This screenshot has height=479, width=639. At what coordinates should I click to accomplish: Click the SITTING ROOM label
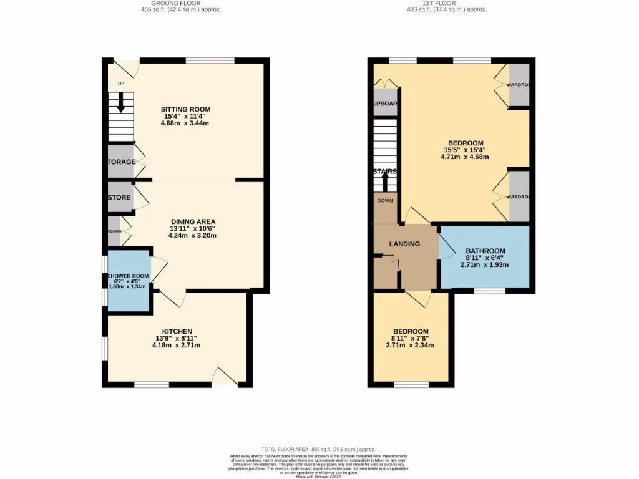pos(184,109)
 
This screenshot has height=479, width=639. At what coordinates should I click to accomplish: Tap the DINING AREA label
pos(193,221)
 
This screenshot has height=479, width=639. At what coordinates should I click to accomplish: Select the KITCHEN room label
pos(177,331)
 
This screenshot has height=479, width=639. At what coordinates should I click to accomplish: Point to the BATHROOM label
pos(485,251)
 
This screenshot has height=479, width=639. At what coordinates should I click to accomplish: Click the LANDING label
pos(404,244)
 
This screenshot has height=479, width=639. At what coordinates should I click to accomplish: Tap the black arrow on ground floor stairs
pos(121,104)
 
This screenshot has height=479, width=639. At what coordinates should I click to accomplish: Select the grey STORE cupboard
pos(119,197)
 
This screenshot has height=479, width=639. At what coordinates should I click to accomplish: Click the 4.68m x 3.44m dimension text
pos(184,123)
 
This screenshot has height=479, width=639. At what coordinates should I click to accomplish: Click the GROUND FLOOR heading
pos(180,3)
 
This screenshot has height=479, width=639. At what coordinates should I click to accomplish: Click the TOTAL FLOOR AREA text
pos(318,449)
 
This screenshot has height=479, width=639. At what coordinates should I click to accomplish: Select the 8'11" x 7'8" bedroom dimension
pos(410,338)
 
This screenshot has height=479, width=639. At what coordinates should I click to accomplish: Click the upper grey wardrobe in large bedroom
pos(519,85)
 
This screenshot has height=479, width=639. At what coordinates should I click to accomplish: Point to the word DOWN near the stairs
pos(385,201)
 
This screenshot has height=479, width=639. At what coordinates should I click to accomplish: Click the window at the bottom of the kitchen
pos(152,385)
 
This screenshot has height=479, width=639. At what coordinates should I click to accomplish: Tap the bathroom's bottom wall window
pos(490,290)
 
